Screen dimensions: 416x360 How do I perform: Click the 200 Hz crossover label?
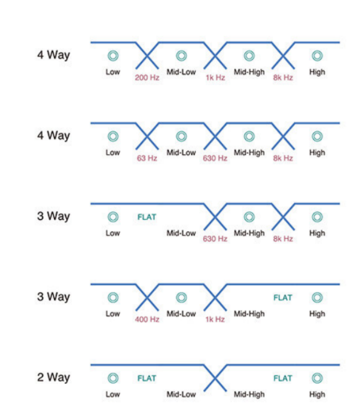click(x=147, y=77)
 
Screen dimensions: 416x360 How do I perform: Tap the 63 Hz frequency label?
click(x=147, y=158)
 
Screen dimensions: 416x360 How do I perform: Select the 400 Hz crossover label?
click(x=147, y=319)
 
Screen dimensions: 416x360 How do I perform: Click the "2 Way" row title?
click(x=53, y=377)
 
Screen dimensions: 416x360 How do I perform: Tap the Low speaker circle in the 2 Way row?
click(x=113, y=378)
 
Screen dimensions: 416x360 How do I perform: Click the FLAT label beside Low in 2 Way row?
click(x=147, y=378)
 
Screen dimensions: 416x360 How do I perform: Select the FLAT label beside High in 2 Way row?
click(x=283, y=378)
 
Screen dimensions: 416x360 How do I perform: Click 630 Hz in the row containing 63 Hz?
click(x=215, y=158)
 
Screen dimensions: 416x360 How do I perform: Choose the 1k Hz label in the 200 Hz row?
click(x=215, y=77)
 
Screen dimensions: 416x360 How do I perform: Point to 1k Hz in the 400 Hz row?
click(x=215, y=319)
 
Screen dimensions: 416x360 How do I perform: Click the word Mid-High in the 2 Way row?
click(x=249, y=394)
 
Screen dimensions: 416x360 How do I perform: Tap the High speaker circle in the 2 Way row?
click(x=317, y=378)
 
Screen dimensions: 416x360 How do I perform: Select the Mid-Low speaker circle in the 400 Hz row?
click(x=181, y=298)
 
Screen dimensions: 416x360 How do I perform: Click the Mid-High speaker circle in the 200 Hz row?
click(x=249, y=56)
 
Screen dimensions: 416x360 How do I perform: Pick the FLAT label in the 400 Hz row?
click(x=283, y=298)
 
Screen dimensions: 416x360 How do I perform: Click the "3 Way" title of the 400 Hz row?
click(x=53, y=297)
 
